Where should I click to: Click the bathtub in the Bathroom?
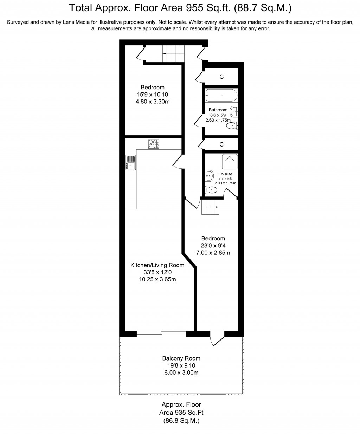coord(221,95)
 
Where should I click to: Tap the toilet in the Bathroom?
coord(232,126)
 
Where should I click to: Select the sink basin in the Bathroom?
coord(234,112)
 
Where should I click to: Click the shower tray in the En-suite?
coord(230,162)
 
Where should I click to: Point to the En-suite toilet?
coord(211,190)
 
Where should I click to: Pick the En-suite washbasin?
coord(210,176)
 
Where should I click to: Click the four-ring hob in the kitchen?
coord(153,144)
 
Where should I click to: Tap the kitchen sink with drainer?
coord(131,163)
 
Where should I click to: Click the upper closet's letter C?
coord(221,77)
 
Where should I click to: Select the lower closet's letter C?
coord(221,144)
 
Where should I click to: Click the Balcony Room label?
coord(181,358)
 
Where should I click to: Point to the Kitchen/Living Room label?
coord(157,265)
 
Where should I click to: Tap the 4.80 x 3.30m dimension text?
coord(153,102)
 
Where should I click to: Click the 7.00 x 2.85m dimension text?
coord(213,253)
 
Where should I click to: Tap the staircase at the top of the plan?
coord(173,53)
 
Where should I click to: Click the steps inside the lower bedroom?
coord(210,207)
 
